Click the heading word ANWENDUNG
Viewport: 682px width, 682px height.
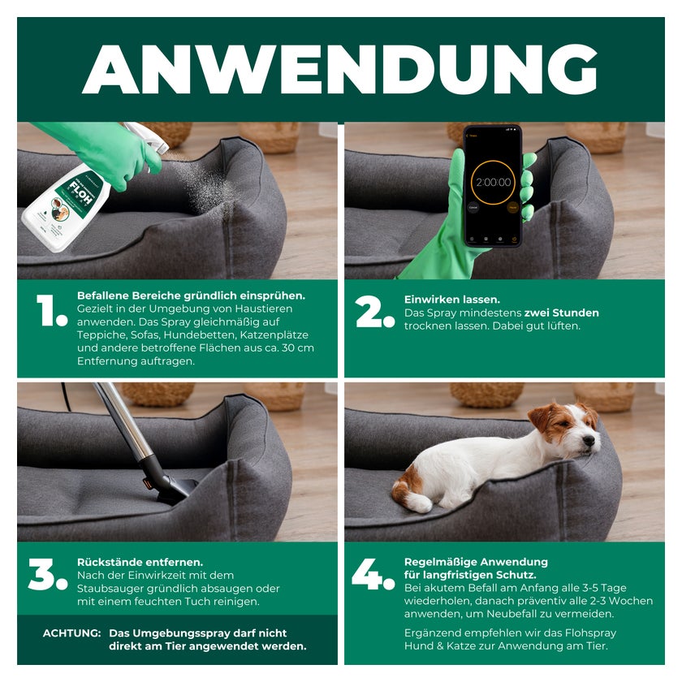click(339, 69)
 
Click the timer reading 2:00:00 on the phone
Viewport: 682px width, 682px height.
click(494, 182)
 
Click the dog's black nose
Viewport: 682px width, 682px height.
click(589, 441)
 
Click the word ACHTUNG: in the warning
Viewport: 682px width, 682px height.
click(71, 633)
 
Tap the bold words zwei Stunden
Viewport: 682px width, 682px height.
click(562, 313)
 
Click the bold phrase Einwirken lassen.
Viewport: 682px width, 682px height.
click(452, 300)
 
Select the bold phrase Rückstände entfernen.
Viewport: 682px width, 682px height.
click(140, 562)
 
